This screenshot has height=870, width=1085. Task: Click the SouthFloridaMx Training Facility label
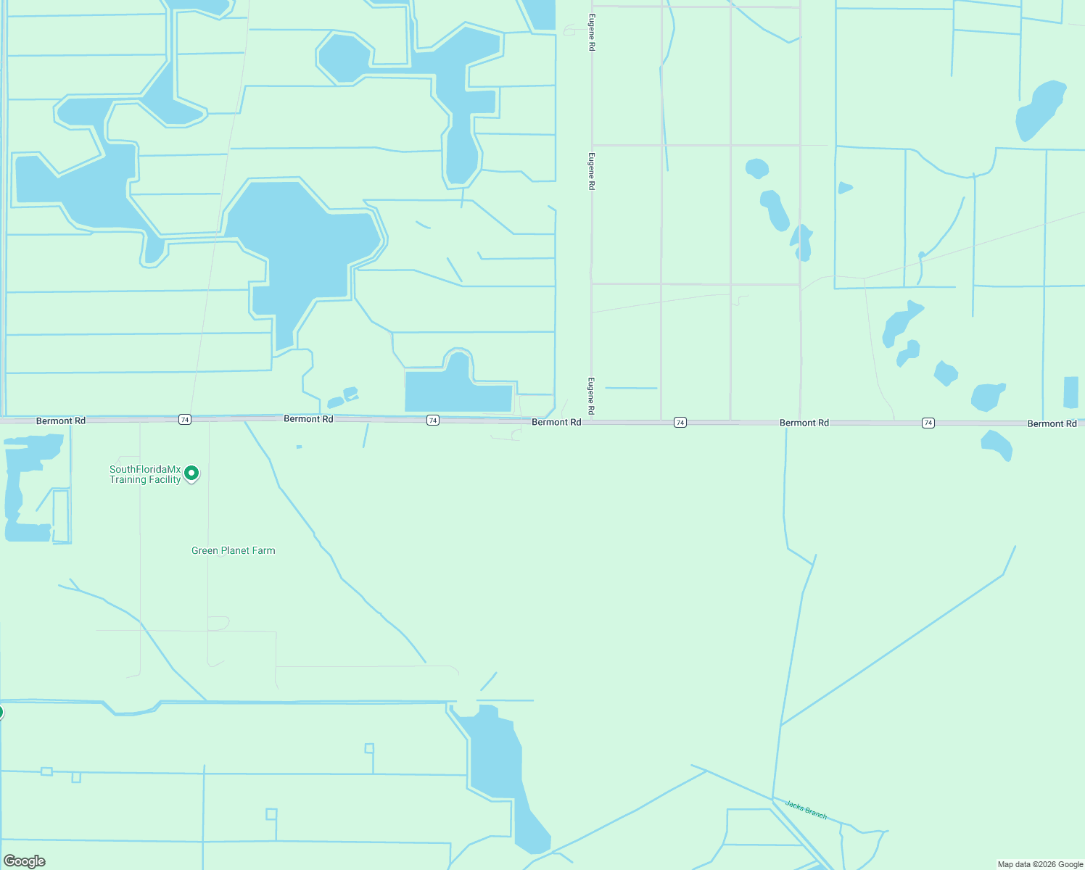coord(145,475)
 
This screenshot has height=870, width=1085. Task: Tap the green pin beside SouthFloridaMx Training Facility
coord(191,473)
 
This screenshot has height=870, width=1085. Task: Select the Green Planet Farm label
coord(233,551)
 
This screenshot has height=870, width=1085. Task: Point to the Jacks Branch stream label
coord(806,809)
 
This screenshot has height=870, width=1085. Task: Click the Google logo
coord(25,861)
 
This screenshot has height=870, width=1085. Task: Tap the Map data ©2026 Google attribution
coord(1040,864)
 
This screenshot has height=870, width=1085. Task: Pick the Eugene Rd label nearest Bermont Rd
coord(592,396)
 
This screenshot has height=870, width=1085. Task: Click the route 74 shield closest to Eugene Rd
coord(680,423)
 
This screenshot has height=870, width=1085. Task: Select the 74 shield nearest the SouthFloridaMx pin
coord(185,420)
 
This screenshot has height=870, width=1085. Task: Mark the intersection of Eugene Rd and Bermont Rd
coord(591,421)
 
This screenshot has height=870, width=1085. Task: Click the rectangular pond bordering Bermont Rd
coord(458,391)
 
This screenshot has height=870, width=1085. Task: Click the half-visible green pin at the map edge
coord(1,712)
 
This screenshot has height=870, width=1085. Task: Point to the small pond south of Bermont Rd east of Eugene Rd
coord(997,444)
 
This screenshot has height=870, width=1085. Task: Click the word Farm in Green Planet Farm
coord(263,551)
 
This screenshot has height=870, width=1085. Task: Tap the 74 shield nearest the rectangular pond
coord(433,420)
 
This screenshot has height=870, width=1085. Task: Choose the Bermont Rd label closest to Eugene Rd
coord(556,422)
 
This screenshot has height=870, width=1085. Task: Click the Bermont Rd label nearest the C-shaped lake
coord(61,420)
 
